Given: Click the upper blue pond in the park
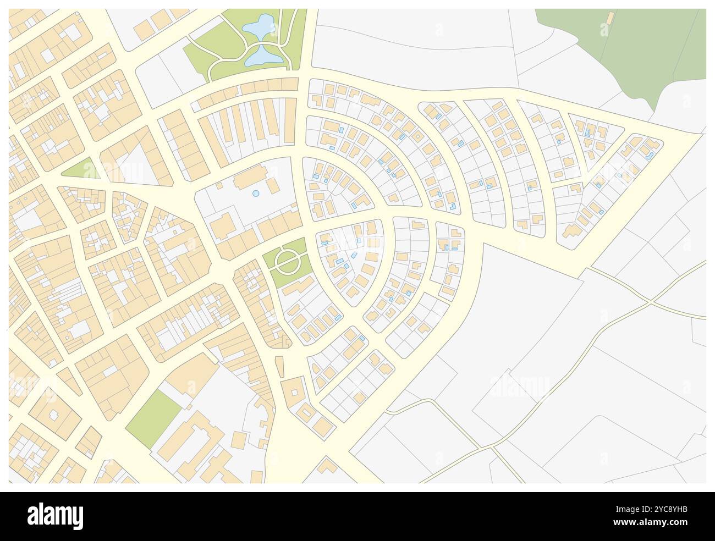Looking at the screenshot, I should (258, 25).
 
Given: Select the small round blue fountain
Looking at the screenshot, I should (255, 194).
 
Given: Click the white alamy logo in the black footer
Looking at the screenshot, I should (55, 516).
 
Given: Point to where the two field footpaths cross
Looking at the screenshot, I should (651, 301).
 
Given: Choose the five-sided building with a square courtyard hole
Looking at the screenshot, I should (294, 391).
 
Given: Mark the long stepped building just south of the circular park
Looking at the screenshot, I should (297, 286).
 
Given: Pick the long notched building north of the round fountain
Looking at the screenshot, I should (250, 179).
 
